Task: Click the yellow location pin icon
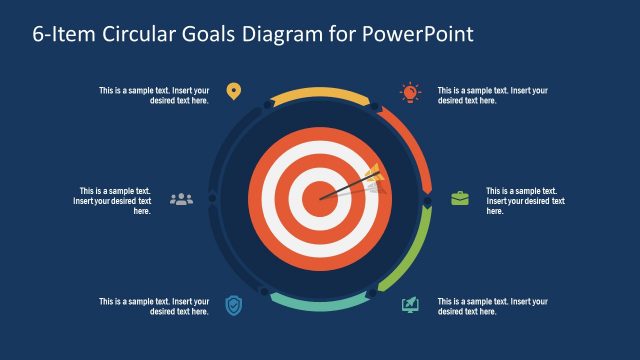pos(234,92)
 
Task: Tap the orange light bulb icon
pos(410,92)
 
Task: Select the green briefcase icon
pos(459,198)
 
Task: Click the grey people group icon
pos(181,199)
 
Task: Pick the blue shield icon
pos(233,304)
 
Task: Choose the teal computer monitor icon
pos(410,304)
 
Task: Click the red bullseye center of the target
pos(320,197)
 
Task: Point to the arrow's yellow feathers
pos(373,175)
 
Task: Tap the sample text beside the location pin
pos(154,95)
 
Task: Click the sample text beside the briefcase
pos(522,200)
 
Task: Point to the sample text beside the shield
pos(154,306)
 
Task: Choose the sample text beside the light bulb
pos(493,95)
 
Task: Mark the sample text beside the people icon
pos(112,200)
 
